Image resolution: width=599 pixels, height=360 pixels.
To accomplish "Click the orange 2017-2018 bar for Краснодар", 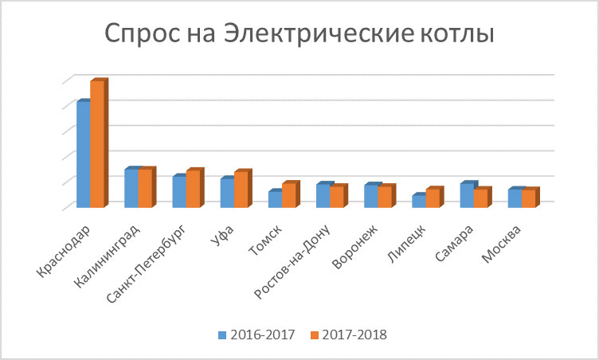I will tap(96, 143).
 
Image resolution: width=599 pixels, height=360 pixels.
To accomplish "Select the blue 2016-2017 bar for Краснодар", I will tap(83, 155).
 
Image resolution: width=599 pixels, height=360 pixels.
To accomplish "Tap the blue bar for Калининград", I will tap(131, 188).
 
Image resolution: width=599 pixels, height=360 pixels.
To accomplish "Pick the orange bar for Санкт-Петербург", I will tap(192, 190).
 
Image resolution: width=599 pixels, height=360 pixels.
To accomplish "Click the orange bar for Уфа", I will tap(240, 190).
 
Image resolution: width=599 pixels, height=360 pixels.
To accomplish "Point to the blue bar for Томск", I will tap(274, 199).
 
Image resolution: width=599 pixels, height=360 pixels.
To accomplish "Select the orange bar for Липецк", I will tap(432, 198).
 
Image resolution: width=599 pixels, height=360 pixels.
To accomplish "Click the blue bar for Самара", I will tap(466, 195).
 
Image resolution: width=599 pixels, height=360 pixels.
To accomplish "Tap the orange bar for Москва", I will tap(527, 198).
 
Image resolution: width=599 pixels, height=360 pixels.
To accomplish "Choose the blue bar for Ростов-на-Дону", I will tap(322, 196).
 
